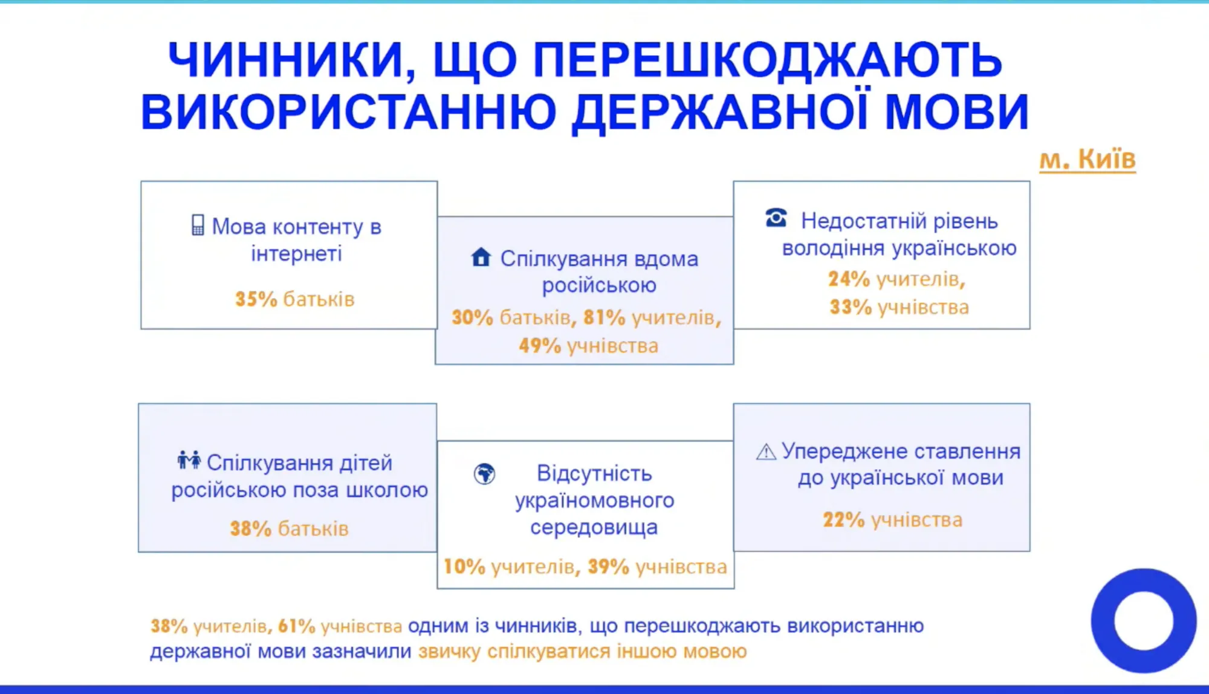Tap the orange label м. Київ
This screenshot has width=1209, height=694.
1087,160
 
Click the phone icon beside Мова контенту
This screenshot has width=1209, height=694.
198,225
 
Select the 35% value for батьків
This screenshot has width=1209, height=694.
256,299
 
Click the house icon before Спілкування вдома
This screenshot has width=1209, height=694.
481,258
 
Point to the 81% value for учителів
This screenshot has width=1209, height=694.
604,317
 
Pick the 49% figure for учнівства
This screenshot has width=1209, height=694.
539,346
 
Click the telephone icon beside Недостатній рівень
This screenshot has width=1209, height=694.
776,218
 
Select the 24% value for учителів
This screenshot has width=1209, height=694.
848,279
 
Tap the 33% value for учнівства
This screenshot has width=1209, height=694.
850,307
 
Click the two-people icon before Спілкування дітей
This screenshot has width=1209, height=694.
189,461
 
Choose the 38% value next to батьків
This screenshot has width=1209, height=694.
250,529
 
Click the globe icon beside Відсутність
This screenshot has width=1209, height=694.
484,474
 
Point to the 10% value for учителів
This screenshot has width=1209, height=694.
464,567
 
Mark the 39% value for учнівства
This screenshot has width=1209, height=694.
608,567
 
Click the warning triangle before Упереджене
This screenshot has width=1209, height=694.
766,452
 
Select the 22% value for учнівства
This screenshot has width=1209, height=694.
843,520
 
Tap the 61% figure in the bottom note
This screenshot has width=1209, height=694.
296,626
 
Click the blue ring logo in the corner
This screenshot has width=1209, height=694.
1143,621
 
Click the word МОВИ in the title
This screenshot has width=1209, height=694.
956,112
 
